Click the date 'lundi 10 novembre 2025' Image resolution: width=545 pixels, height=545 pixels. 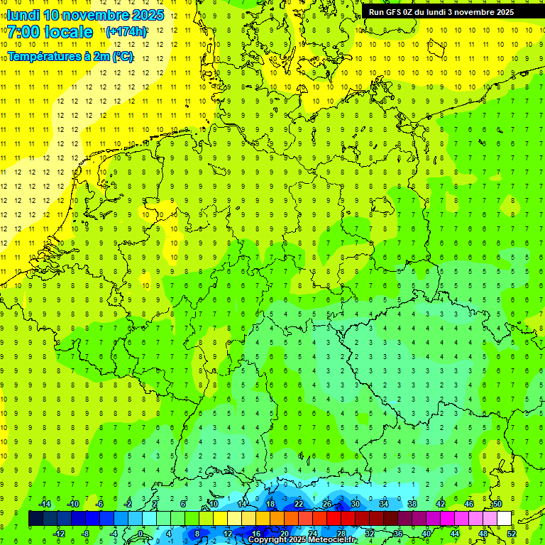click(85, 15)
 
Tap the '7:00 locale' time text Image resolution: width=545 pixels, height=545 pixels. click(50, 32)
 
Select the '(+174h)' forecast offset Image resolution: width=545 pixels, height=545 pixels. click(126, 32)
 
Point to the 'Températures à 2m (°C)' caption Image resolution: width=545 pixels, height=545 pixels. click(70, 56)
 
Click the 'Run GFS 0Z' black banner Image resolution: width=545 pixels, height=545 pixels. click(441, 12)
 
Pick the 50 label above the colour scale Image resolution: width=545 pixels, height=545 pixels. click(497, 504)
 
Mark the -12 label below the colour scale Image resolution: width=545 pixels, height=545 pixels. click(59, 533)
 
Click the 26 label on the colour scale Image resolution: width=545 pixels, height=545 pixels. click(327, 504)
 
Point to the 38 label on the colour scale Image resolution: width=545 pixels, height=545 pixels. click(412, 504)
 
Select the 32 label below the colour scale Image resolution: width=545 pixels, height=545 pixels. click(370, 533)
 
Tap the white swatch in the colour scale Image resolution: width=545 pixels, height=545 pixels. click(504, 519)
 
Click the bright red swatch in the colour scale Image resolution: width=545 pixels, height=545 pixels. click(334, 519)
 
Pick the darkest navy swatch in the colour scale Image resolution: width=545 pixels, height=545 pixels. click(35, 519)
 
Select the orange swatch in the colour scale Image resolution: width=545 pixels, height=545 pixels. click(291, 519)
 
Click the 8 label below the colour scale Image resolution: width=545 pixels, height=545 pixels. click(197, 533)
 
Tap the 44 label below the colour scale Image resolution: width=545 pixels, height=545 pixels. click(455, 533)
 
